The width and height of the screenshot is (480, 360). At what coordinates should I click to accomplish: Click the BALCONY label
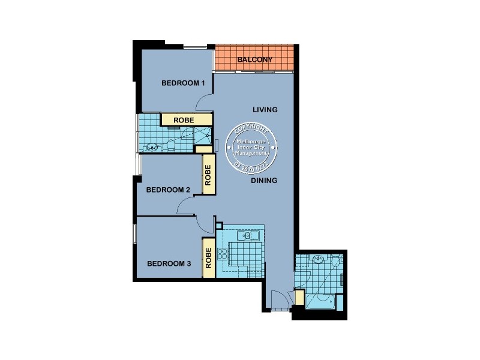coord(255,59)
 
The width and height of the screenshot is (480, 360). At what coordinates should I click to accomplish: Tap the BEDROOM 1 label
coord(184,83)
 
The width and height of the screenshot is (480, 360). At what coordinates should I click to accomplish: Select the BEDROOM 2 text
coord(168,190)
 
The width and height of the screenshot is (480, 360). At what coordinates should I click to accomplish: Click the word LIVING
coord(265,110)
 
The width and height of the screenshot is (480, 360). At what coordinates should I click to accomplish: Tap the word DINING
coord(264,180)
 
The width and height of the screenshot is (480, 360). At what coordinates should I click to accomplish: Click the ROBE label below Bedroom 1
coord(184,121)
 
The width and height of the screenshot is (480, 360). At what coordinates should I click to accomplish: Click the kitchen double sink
coord(248,236)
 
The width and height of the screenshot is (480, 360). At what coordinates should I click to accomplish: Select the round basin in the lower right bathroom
coord(318,260)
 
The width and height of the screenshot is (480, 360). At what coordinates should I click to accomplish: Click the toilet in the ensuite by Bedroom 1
coord(170,144)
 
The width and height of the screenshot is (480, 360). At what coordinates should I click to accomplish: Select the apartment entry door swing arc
coord(279,299)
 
